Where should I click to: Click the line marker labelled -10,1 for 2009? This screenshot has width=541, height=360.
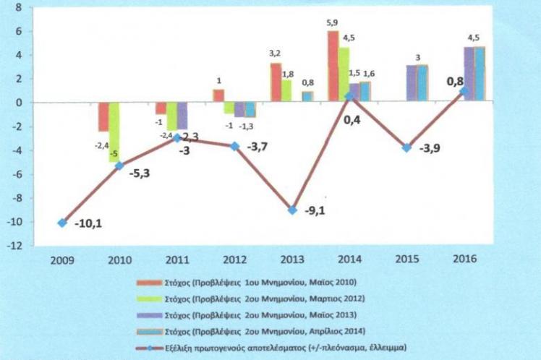[62, 223]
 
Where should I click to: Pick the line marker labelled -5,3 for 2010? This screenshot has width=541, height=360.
[120, 165]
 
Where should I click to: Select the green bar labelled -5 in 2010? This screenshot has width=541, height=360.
[114, 132]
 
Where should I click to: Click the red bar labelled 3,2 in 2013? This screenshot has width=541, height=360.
[276, 82]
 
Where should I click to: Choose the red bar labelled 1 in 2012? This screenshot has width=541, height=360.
[218, 95]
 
